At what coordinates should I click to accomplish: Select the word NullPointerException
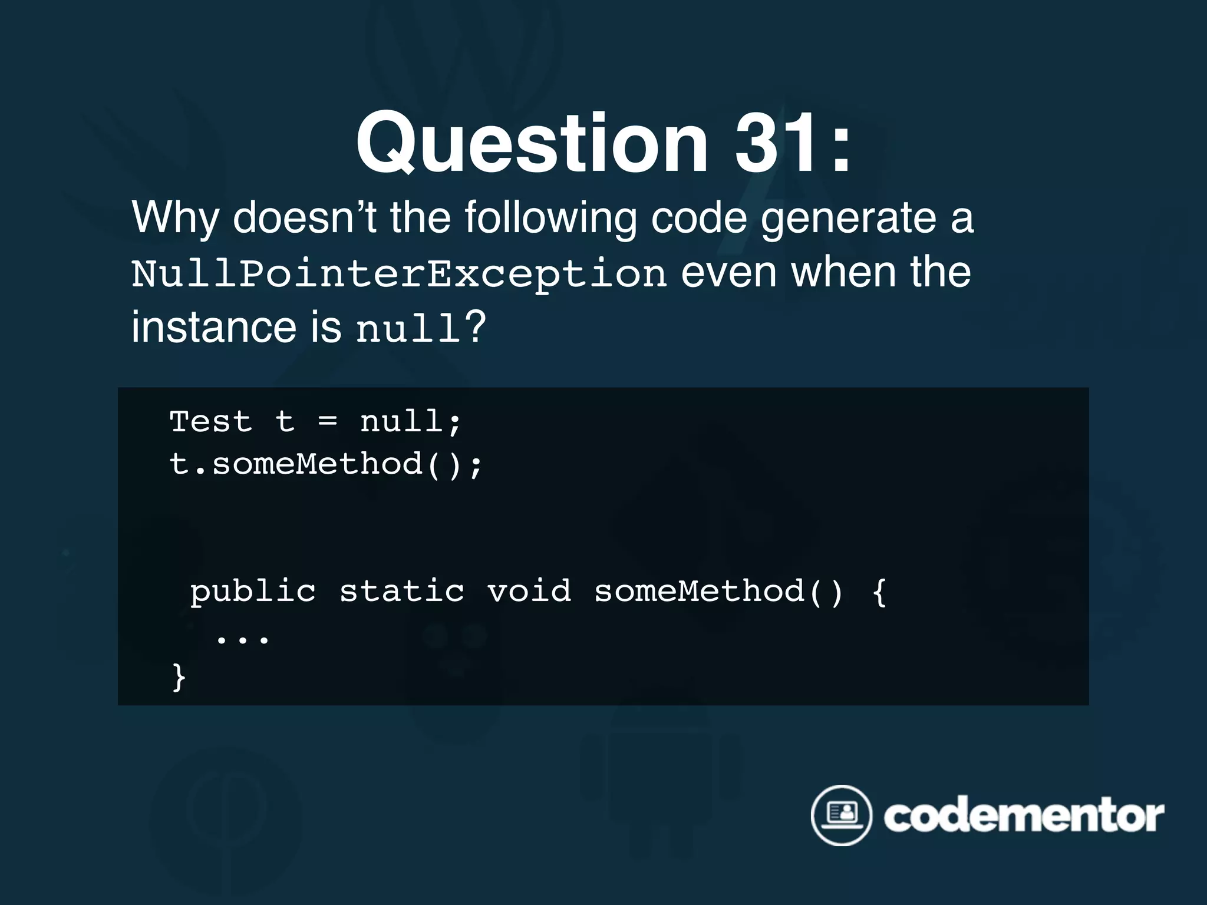point(399,273)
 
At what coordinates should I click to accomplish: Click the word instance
point(213,327)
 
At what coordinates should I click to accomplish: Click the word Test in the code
point(211,422)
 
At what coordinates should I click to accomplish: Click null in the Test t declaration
point(402,422)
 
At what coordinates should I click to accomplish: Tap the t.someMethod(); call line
point(326,464)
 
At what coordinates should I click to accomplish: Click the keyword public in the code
point(253,592)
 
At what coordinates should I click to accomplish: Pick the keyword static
point(402,592)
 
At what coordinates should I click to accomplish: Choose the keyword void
point(529,592)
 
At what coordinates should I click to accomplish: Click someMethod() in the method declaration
point(718,592)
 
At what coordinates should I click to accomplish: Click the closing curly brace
point(179,677)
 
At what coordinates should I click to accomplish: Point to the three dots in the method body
point(243,639)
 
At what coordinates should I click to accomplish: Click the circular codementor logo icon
point(841,815)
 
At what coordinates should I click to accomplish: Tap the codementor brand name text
point(1024,817)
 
